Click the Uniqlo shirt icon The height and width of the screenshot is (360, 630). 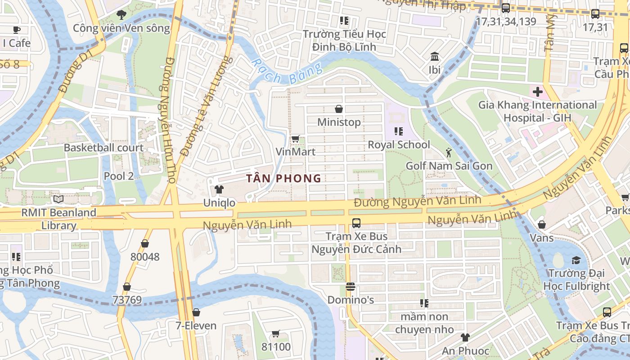[x=219, y=189]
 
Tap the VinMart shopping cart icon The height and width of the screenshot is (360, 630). [x=295, y=139]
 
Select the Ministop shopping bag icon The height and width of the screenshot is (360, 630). [x=339, y=109]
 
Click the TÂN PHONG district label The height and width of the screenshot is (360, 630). [x=284, y=179]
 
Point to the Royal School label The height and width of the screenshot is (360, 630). [x=399, y=145]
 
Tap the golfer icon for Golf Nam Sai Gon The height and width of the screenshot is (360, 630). [x=449, y=153]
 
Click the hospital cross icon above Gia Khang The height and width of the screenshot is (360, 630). [x=537, y=92]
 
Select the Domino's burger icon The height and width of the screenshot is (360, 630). [x=351, y=287]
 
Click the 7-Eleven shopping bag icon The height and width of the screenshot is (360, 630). [x=196, y=312]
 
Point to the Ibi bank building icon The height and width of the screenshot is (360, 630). [x=435, y=57]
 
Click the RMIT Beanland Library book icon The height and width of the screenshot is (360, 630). [x=58, y=199]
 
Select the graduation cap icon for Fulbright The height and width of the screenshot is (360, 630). [x=576, y=260]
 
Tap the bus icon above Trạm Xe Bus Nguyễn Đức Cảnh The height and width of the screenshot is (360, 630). [x=356, y=223]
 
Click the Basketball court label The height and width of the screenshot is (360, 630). [x=103, y=148]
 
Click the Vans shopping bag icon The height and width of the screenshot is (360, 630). [x=542, y=224]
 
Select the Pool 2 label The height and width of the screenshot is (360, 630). [x=119, y=176]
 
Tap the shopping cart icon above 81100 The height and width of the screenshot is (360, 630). [x=276, y=333]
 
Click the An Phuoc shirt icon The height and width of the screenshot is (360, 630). [x=465, y=337]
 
